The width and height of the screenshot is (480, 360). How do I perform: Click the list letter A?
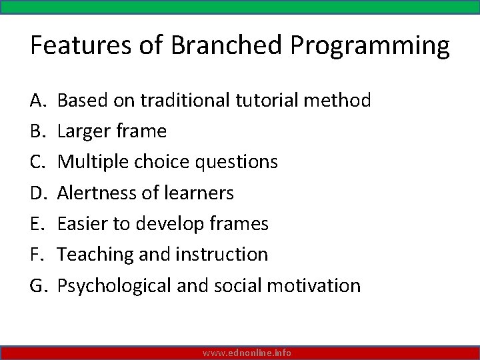37,101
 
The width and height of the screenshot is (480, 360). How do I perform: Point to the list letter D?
38,193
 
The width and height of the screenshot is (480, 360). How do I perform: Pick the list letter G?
38,285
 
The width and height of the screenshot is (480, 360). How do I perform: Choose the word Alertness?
97,193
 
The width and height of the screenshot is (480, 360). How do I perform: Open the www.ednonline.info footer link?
247,353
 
